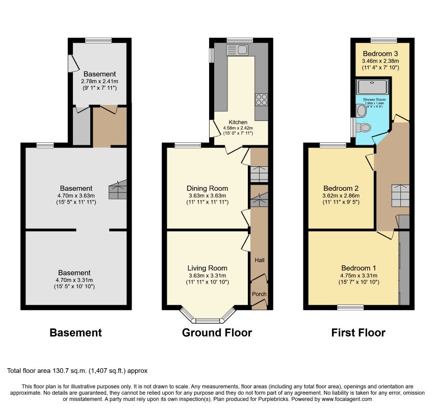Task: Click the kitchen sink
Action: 237,50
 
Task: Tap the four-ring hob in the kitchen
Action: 261,99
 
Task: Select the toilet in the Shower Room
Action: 364,127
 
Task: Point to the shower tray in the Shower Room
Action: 373,87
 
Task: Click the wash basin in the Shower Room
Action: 361,110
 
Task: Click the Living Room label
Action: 207,268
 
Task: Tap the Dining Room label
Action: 207,188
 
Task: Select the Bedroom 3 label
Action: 380,54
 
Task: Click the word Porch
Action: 259,294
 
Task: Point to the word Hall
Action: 260,260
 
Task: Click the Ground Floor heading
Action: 217,333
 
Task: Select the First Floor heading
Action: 358,333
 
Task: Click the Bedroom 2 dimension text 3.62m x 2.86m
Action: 341,195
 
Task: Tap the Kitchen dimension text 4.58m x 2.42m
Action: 238,128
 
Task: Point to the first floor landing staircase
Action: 400,195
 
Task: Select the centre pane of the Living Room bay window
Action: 208,321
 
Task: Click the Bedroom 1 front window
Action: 350,308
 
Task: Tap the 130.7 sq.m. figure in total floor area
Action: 70,371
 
